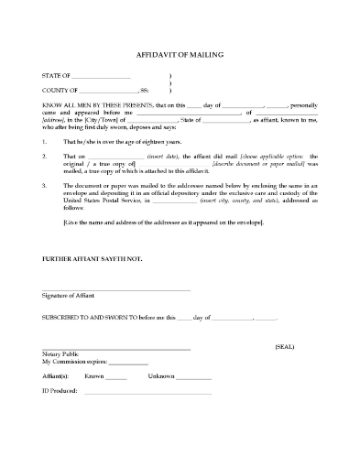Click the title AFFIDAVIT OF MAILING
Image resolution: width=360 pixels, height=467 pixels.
pos(179,55)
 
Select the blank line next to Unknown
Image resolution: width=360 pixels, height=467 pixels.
pos(192,377)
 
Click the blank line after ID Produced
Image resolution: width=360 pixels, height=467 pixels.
pos(147,392)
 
